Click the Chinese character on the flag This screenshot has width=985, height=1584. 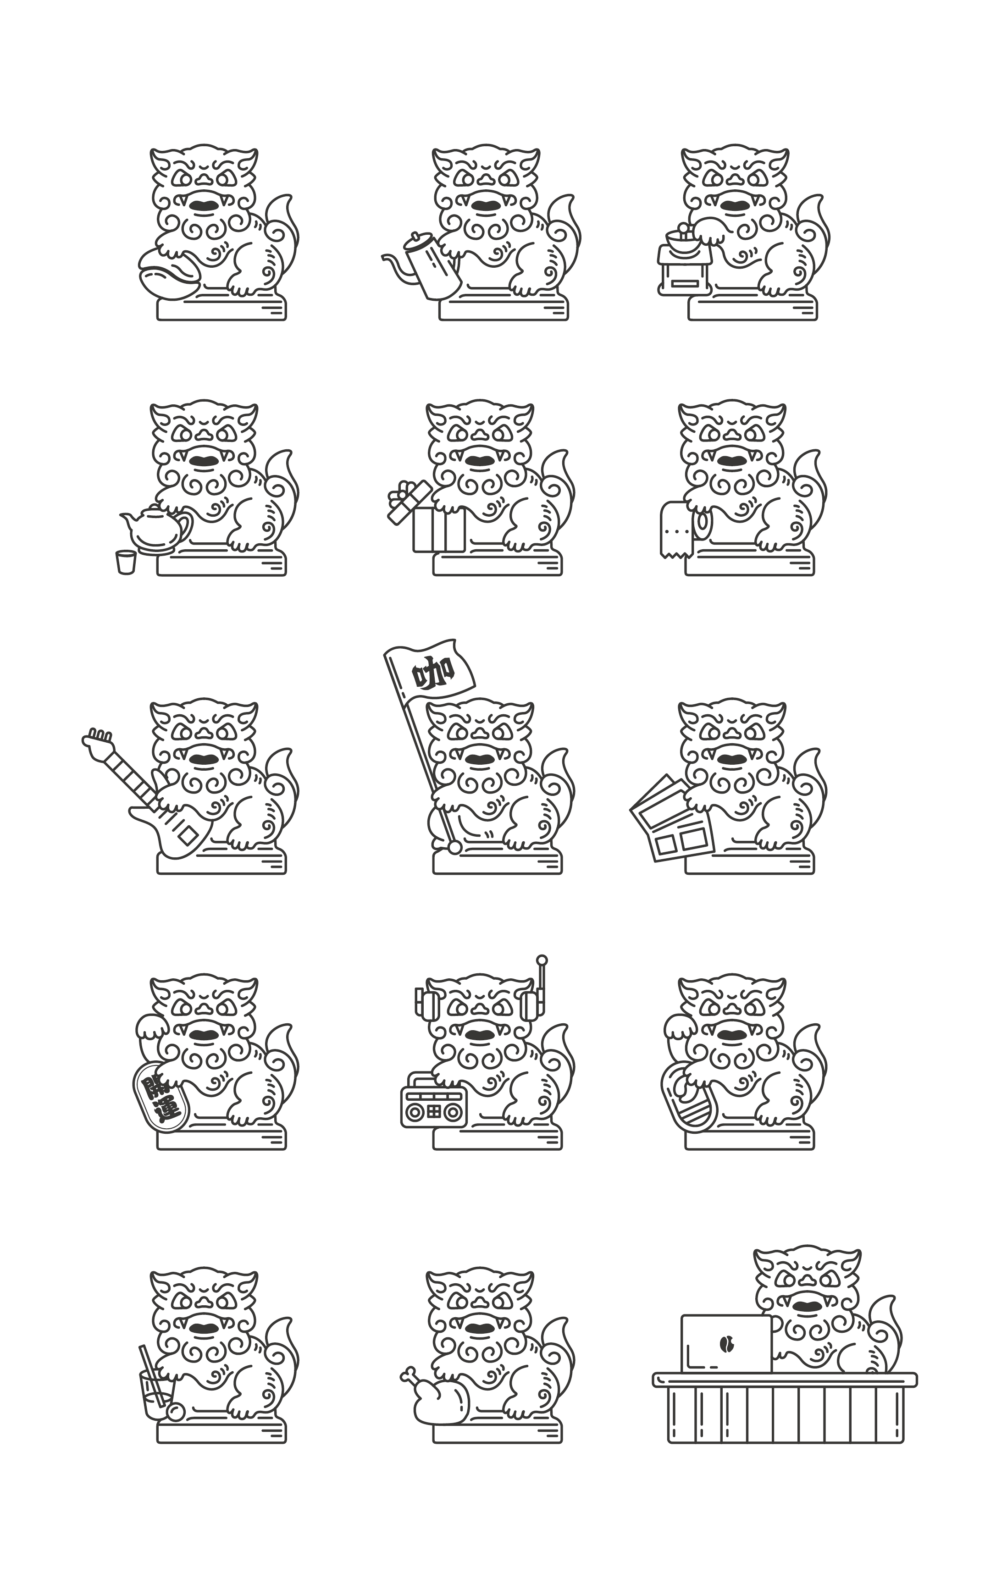pyautogui.click(x=432, y=673)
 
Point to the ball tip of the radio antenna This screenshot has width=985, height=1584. pyautogui.click(x=542, y=960)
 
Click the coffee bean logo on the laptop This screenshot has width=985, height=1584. pyautogui.click(x=726, y=1343)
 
